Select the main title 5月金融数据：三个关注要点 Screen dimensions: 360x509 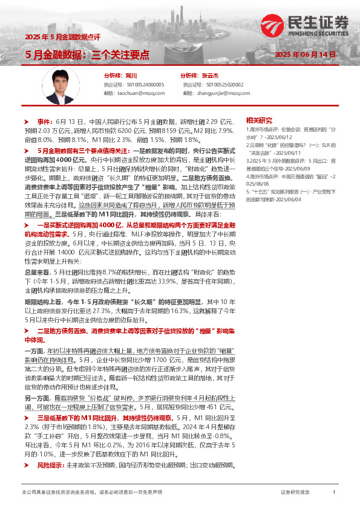87,54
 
